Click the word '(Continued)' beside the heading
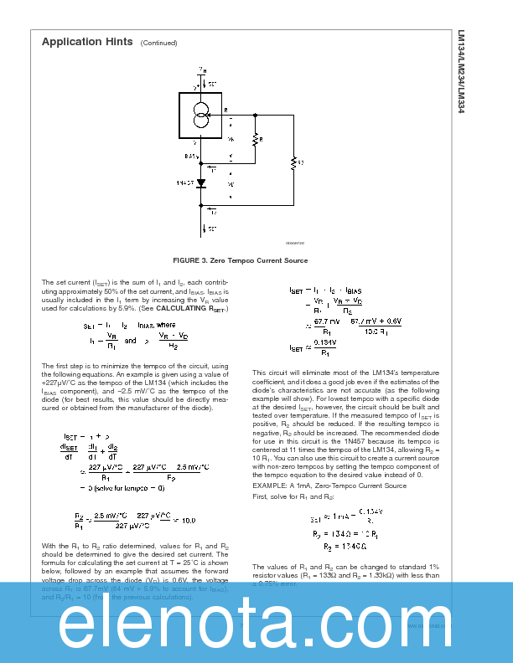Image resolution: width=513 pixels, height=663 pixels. (159, 43)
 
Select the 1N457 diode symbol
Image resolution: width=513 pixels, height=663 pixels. (201, 182)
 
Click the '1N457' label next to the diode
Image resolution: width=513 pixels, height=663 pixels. (185, 182)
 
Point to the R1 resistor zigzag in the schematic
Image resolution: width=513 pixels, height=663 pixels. (254, 141)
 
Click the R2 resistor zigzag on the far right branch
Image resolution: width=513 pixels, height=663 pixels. (293, 162)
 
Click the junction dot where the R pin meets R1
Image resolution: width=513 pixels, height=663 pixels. (254, 111)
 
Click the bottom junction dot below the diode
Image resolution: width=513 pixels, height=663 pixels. (201, 204)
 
